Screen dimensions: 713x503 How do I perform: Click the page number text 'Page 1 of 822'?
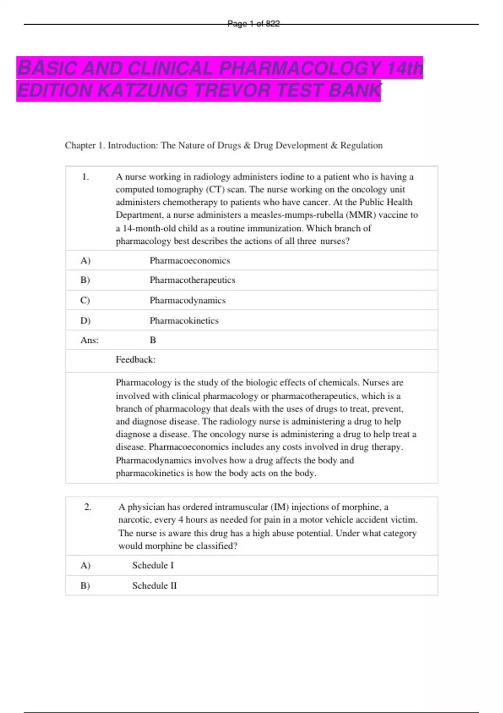point(253,24)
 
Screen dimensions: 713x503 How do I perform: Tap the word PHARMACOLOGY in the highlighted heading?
point(300,68)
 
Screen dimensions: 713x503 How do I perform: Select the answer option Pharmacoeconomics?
point(189,260)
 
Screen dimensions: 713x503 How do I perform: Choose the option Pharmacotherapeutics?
point(192,280)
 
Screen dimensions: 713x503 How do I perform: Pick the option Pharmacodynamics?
point(187,300)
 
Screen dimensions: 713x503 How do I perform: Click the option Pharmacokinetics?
point(184,320)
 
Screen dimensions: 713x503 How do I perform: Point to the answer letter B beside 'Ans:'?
point(153,340)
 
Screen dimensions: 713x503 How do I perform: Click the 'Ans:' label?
point(89,340)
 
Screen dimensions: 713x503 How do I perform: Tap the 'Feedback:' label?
point(135,359)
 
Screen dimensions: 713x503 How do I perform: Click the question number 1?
point(86,177)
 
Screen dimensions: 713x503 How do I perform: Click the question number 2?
point(88,507)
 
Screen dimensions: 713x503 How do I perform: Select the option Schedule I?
point(153,565)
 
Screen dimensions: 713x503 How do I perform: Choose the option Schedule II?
point(154,585)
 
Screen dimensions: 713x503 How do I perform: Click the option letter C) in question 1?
point(85,300)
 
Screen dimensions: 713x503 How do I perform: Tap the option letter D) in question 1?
point(85,320)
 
